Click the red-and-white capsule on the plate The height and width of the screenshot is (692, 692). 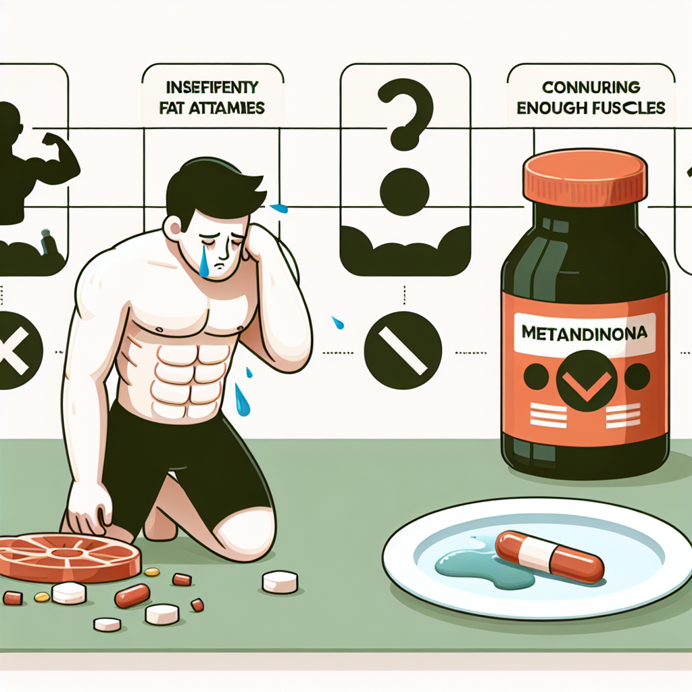[548, 555]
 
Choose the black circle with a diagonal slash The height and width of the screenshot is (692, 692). [403, 350]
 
